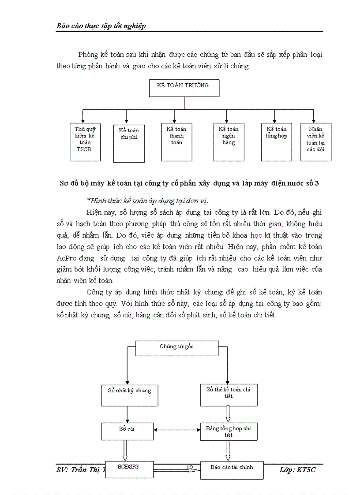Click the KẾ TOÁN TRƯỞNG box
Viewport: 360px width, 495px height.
184,88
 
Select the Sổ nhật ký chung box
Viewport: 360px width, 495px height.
129,395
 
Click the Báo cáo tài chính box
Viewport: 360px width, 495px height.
232,470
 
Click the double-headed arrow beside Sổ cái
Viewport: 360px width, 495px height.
177,430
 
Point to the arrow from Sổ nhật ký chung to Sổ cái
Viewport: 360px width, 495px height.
127,414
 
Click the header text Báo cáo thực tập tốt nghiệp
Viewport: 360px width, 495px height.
101,26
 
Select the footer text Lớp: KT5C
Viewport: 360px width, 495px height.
298,470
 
